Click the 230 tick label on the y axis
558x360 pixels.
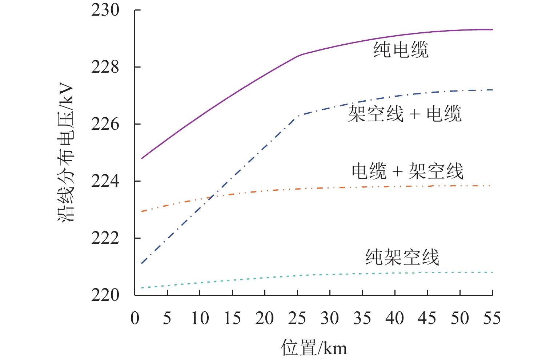click(x=105, y=11)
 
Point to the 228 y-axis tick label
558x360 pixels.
click(x=105, y=67)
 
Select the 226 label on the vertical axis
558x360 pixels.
click(x=105, y=124)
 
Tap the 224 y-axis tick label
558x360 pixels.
click(x=105, y=181)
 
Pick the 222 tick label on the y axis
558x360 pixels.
click(x=105, y=238)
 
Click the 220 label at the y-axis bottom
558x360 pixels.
click(x=105, y=295)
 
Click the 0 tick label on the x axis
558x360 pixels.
click(x=135, y=319)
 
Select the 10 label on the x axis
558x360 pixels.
click(x=200, y=319)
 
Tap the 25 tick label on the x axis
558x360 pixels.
click(x=297, y=319)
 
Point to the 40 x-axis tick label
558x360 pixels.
click(x=395, y=319)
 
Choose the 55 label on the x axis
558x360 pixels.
click(x=492, y=319)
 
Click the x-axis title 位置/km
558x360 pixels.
click(x=314, y=348)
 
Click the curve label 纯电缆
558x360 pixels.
click(x=401, y=49)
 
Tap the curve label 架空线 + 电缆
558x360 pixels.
click(x=405, y=114)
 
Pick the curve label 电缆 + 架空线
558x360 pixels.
click(x=408, y=171)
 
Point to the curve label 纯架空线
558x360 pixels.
click(x=402, y=257)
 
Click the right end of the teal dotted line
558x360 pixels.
click(x=492, y=272)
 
